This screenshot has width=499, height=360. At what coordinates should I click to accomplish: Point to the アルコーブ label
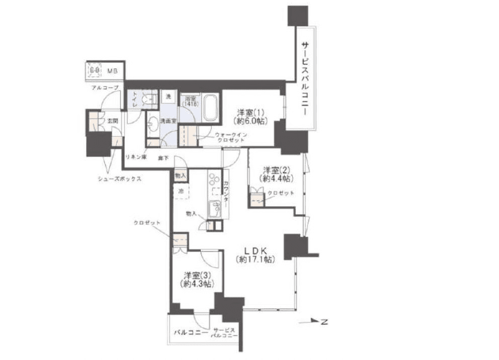105,87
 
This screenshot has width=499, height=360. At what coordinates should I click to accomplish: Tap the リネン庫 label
136,156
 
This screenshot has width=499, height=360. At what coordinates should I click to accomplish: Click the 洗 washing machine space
168,96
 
